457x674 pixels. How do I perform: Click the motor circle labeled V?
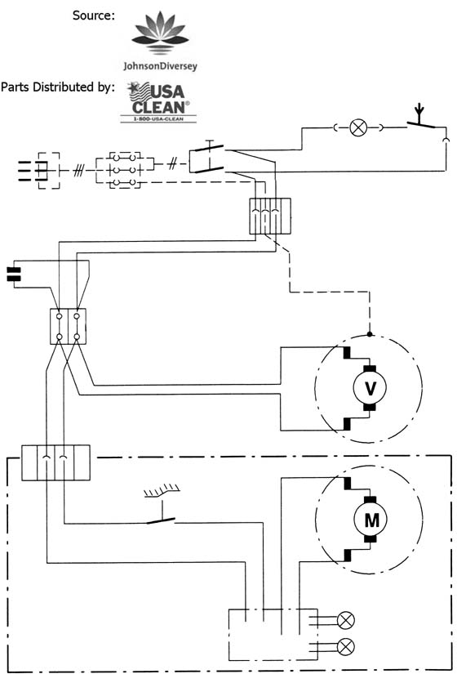click(370, 388)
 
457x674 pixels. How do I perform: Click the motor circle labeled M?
click(370, 520)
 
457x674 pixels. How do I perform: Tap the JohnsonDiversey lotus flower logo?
click(160, 33)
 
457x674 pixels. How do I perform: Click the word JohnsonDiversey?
click(160, 67)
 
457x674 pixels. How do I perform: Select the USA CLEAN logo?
click(158, 102)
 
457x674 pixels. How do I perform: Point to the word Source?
click(94, 16)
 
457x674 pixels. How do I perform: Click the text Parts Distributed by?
click(58, 87)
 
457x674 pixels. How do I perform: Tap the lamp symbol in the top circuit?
click(357, 127)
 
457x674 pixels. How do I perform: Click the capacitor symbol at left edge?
click(14, 275)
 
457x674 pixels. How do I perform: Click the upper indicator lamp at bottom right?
click(345, 620)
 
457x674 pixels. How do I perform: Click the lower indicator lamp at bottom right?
click(345, 647)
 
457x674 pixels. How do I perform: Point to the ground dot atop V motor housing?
click(370, 334)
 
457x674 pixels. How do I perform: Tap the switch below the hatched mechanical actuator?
click(161, 521)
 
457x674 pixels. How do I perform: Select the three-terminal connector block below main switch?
click(270, 216)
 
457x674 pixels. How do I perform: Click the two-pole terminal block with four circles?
click(68, 326)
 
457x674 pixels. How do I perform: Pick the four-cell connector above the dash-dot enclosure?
click(55, 462)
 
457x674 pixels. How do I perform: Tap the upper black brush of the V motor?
click(370, 369)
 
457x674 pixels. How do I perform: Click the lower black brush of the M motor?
click(370, 539)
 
